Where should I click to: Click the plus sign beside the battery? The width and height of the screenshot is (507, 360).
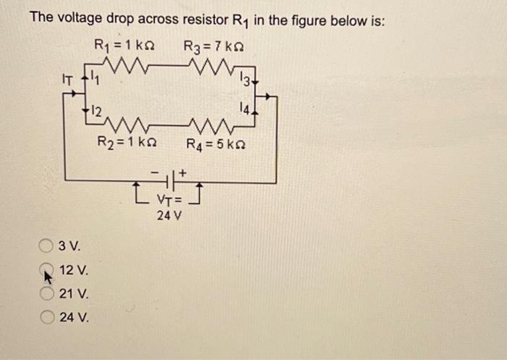click(184, 173)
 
